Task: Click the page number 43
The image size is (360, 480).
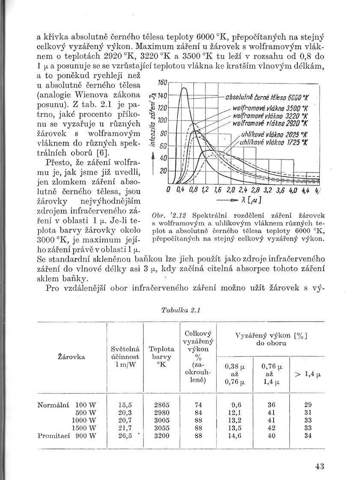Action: click(x=319, y=467)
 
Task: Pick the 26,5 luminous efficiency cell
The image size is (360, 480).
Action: click(x=124, y=436)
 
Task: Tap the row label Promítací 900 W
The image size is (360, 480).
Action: click(x=66, y=436)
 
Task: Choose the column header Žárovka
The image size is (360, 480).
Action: click(x=71, y=356)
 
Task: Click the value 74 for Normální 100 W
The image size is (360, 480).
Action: click(x=198, y=404)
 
